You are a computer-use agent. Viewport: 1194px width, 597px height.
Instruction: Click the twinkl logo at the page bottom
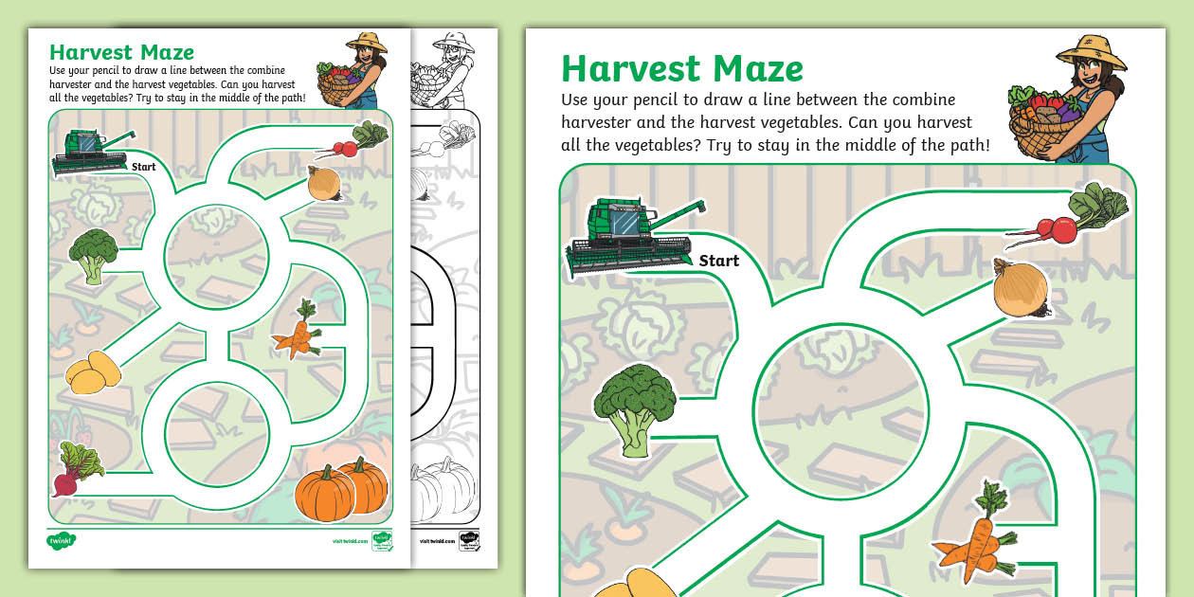point(62,541)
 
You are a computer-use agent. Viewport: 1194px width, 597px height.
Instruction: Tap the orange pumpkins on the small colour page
point(341,489)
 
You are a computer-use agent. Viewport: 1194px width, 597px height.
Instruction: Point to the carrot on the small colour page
point(298,331)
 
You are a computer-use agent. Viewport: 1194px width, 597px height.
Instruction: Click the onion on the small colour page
point(323,183)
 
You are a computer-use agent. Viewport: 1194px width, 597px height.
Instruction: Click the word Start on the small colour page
point(144,167)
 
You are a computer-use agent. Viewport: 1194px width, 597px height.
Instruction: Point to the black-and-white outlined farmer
point(446,71)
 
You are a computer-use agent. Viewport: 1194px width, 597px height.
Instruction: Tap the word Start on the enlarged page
point(718,261)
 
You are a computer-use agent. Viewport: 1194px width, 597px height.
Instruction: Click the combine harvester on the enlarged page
point(629,236)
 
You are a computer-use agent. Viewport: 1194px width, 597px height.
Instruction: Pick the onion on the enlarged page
point(1021,288)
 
